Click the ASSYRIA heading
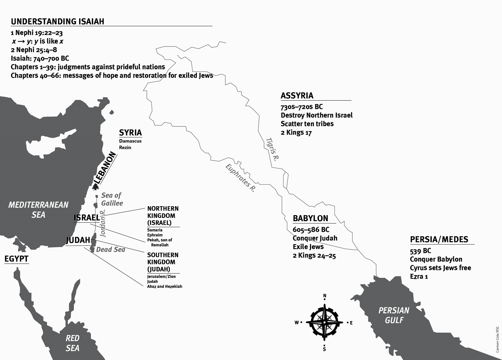tap(297, 95)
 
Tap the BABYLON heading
tap(310, 218)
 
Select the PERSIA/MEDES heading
tap(439, 240)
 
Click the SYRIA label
tap(131, 132)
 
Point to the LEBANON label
tap(105, 168)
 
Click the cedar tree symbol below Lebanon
tap(95, 187)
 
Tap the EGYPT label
tap(16, 259)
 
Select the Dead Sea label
tap(110, 250)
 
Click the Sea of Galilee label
tap(112, 199)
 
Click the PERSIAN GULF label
tap(394, 315)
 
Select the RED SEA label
tap(72, 343)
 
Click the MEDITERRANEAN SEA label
tap(38, 210)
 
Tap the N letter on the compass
tap(325, 296)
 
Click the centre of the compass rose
tap(324, 322)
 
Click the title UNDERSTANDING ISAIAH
tap(57, 21)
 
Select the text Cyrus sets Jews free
tap(440, 268)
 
